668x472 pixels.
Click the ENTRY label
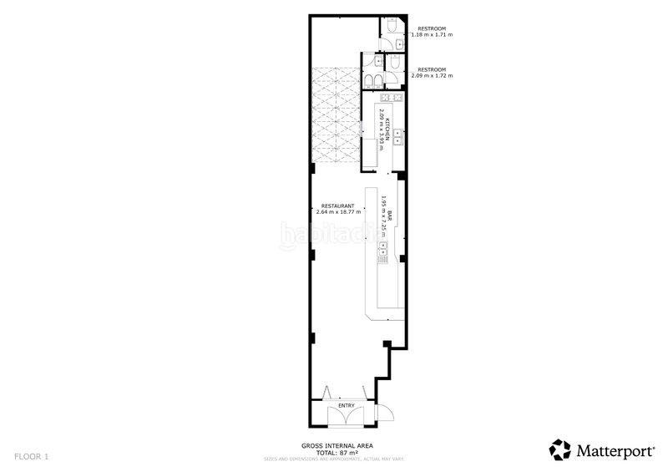click(x=347, y=406)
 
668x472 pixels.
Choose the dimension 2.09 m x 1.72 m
click(x=432, y=75)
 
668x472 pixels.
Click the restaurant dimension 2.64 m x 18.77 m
click(x=337, y=212)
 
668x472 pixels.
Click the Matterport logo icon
click(x=559, y=449)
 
